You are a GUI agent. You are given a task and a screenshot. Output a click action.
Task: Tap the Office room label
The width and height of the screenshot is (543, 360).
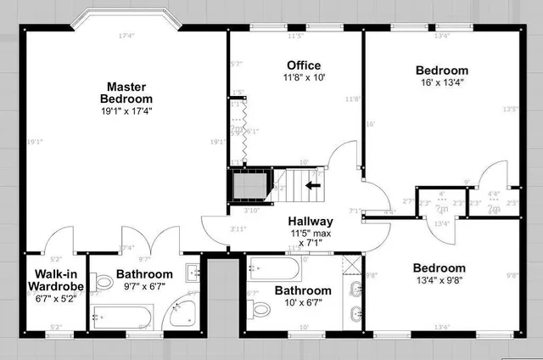pyautogui.click(x=303, y=65)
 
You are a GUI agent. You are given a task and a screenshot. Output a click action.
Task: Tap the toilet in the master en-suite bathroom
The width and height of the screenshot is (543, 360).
pyautogui.click(x=104, y=281)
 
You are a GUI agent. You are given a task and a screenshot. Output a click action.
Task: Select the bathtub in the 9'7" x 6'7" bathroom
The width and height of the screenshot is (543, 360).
pyautogui.click(x=122, y=318)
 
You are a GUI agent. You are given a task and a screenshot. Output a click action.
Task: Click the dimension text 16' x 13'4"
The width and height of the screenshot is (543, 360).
pyautogui.click(x=441, y=82)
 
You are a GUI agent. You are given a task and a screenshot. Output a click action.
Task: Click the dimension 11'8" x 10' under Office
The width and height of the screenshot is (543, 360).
pyautogui.click(x=303, y=77)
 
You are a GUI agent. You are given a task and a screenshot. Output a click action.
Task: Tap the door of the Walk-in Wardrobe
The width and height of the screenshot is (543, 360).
pyautogui.click(x=58, y=242)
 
